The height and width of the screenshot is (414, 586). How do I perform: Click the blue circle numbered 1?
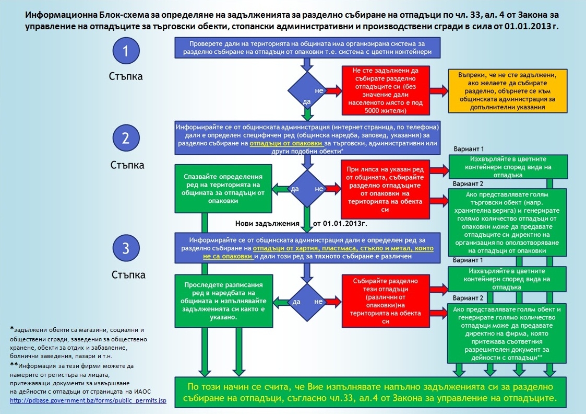(x=126, y=51)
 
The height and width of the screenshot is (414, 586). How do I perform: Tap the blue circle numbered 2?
(x=126, y=138)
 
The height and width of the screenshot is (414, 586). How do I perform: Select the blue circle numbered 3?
(x=126, y=248)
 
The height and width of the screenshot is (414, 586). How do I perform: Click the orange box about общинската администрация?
(x=508, y=91)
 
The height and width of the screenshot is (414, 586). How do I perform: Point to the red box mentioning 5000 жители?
(x=385, y=90)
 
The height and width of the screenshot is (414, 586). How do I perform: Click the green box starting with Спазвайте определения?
(x=223, y=189)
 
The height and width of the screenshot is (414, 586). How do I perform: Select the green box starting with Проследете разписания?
(x=224, y=301)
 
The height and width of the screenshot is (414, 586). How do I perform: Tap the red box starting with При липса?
(x=385, y=189)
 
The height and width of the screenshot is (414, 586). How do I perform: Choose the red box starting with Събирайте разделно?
(x=385, y=301)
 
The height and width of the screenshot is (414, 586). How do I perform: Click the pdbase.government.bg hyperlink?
(x=88, y=400)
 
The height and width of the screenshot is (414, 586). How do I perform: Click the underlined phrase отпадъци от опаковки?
(x=286, y=143)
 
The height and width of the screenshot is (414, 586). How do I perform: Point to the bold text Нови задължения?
(x=267, y=224)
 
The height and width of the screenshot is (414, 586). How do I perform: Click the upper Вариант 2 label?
(x=468, y=184)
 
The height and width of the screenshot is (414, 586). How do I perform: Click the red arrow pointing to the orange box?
(x=439, y=90)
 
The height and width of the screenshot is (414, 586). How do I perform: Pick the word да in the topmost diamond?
(x=307, y=101)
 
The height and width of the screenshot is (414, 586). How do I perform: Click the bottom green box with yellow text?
(x=370, y=392)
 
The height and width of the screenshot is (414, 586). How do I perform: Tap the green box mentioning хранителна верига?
(x=507, y=222)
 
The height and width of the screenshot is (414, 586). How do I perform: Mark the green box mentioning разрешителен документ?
(x=507, y=333)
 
